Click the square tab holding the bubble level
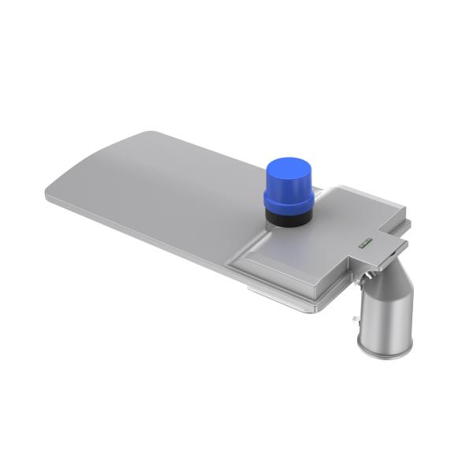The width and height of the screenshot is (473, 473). pyautogui.click(x=371, y=246)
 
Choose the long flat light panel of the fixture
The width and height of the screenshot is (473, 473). pyautogui.click(x=158, y=189)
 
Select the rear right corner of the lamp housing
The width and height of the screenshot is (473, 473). pyautogui.click(x=406, y=221)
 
